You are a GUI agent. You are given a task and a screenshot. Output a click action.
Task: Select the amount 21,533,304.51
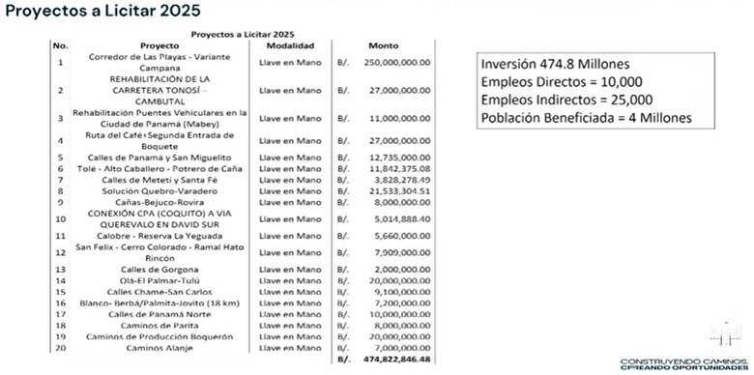[397, 192]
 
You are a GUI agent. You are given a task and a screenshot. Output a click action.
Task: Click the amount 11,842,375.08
[397, 167]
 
